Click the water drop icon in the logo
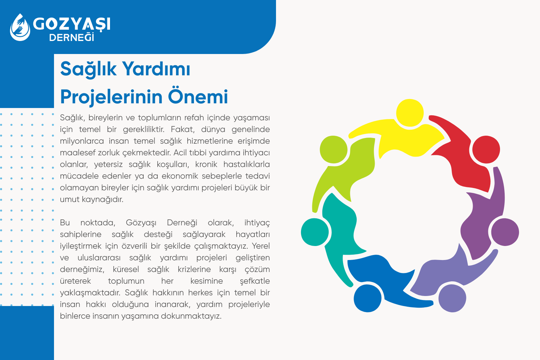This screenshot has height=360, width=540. click(20, 27)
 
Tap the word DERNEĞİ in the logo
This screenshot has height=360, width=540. click(71, 38)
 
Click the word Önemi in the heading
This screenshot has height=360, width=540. click(198, 97)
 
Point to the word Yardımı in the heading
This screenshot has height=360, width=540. click(156, 69)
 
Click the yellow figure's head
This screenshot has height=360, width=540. click(410, 113)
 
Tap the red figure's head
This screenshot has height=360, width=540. click(486, 149)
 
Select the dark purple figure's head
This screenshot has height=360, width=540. click(505, 232)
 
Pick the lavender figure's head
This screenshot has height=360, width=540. click(452, 298)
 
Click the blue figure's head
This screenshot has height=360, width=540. click(367, 298)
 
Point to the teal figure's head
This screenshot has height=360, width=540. click(315, 232)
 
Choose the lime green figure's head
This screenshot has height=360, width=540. click(333, 149)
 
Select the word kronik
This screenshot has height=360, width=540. click(206, 164)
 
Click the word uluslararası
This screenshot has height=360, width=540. click(99, 258)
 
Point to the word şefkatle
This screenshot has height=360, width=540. click(255, 281)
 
